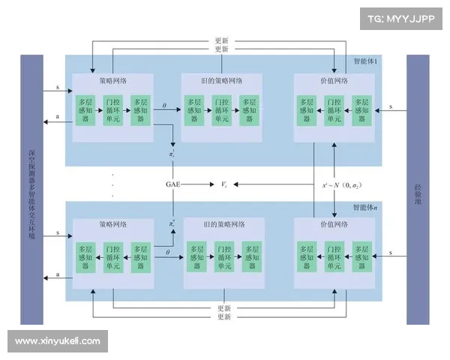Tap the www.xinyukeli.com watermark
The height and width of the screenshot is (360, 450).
58,341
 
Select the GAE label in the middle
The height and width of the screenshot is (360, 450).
174,183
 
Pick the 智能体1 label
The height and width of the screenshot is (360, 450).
365,61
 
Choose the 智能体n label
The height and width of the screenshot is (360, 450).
365,207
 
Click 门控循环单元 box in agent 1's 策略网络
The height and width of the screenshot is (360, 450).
113,109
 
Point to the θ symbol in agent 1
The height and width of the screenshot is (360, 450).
164,106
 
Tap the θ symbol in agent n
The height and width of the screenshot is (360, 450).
166,253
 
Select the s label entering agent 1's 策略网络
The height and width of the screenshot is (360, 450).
58,88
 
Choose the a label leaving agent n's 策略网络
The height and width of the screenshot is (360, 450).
58,275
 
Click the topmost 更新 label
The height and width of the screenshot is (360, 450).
221,40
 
